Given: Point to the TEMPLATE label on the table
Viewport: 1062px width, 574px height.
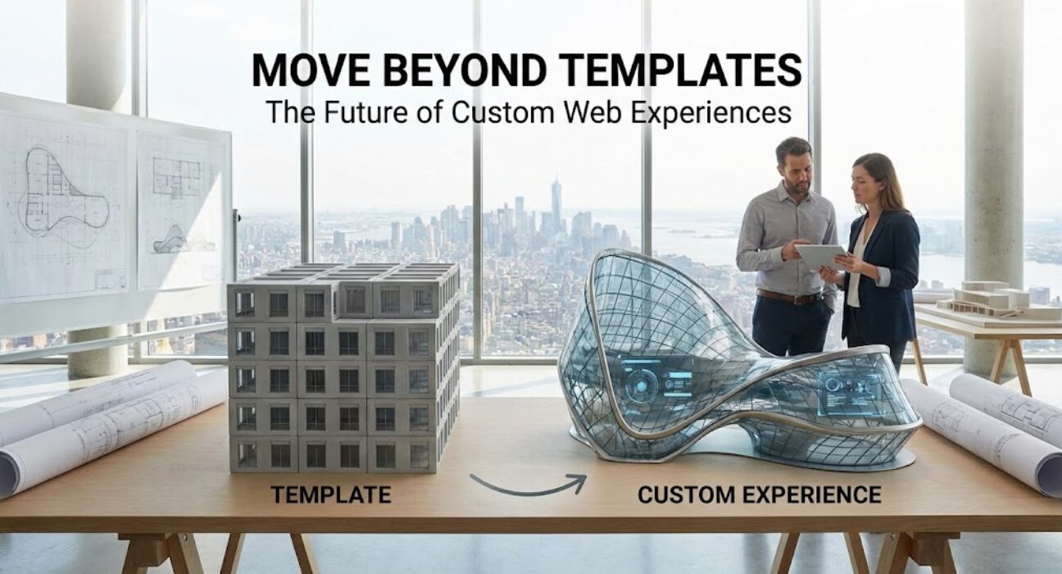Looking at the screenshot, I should [331, 494].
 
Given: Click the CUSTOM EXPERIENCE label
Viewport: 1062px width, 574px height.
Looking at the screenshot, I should [759, 494].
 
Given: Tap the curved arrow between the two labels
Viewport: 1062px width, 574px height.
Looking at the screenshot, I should [529, 484].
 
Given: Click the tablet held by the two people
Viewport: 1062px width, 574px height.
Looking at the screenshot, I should [819, 257].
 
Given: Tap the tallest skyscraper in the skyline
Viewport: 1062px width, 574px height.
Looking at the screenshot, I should [556, 205].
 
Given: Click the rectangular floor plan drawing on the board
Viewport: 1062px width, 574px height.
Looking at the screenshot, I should [177, 177].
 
